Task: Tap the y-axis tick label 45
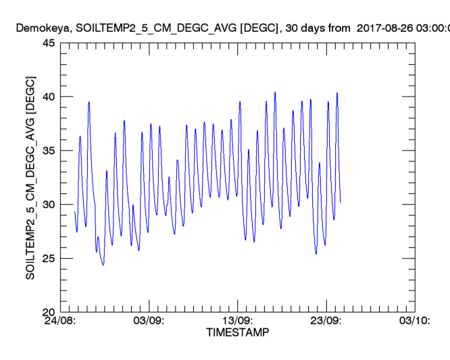pyautogui.click(x=49, y=43)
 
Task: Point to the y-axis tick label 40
pyautogui.click(x=49, y=97)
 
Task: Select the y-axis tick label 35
pyautogui.click(x=49, y=151)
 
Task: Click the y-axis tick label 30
pyautogui.click(x=49, y=205)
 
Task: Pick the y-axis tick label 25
pyautogui.click(x=49, y=258)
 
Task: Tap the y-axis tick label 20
pyautogui.click(x=49, y=312)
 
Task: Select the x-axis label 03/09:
pyautogui.click(x=149, y=322)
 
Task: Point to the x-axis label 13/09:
pyautogui.click(x=238, y=322)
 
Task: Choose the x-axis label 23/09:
pyautogui.click(x=326, y=322)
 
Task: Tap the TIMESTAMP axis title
pyautogui.click(x=238, y=333)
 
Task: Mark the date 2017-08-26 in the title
pyautogui.click(x=380, y=28)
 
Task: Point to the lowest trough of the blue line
pyautogui.click(x=103, y=265)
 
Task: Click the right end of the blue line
pyautogui.click(x=341, y=202)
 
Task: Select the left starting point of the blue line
pyautogui.click(x=74, y=212)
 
